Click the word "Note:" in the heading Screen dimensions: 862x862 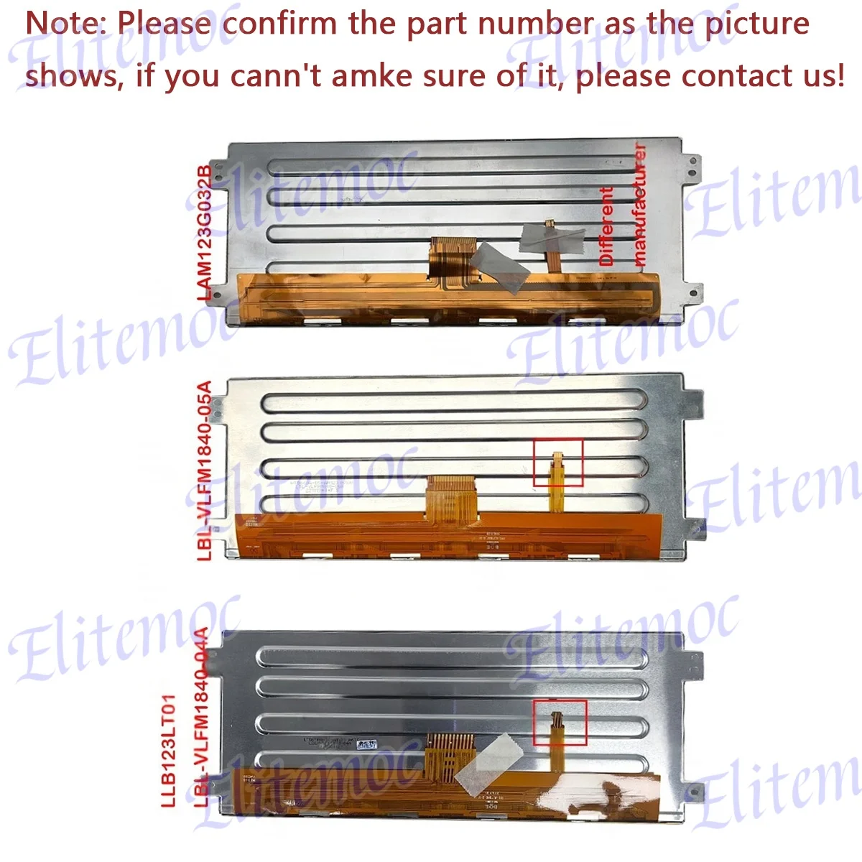click(66, 24)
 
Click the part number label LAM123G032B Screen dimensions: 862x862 click(205, 232)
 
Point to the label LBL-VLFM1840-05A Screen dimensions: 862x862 click(205, 471)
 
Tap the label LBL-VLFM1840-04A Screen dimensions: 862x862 click(201, 718)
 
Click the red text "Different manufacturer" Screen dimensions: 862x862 click(623, 206)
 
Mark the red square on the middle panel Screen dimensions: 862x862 click(558, 463)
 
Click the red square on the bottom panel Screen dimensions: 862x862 click(560, 723)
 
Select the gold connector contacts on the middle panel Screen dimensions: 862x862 click(452, 496)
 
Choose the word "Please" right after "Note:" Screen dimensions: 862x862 click(164, 24)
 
